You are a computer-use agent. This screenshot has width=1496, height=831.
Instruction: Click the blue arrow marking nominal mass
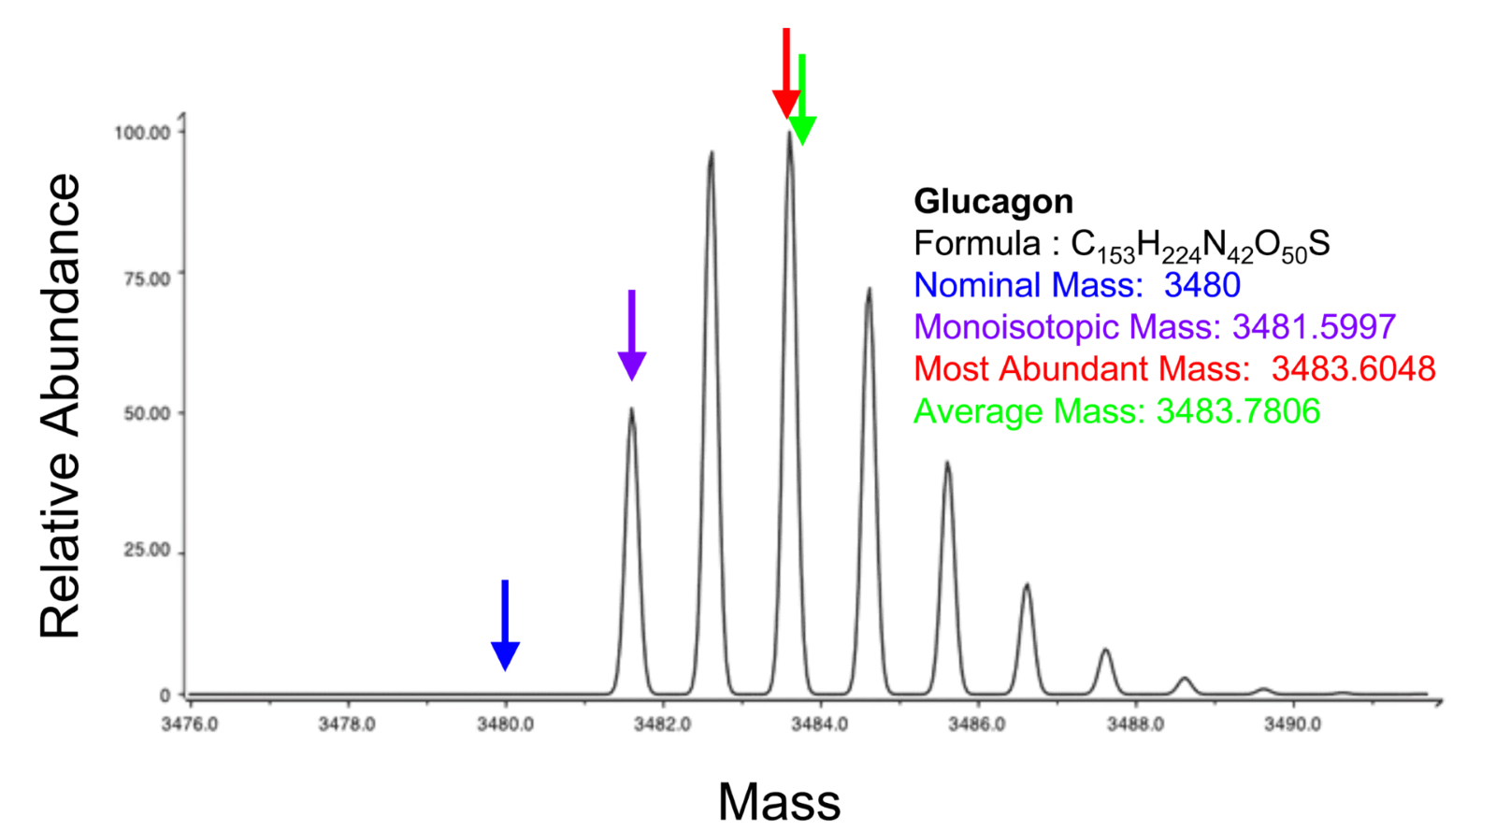pos(505,624)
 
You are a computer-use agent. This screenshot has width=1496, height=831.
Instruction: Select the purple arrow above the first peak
pos(632,335)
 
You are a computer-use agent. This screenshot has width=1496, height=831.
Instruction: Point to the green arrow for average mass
pos(802,101)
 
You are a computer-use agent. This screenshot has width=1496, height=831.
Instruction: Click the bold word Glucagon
pos(993,201)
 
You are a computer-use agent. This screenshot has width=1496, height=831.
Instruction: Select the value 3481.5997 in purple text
pos(1314,326)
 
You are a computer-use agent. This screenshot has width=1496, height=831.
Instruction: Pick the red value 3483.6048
pos(1353,368)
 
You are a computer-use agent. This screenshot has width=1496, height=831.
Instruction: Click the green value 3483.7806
pos(1238,411)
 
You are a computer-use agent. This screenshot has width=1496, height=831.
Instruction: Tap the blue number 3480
pos(1202,285)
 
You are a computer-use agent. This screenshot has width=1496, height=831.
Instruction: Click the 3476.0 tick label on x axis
pos(190,724)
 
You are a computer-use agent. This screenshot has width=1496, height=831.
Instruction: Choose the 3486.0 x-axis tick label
pos(977,724)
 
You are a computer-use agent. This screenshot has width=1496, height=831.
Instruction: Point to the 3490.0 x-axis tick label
pos(1292,724)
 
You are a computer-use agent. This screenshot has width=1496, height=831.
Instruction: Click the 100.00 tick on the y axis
pos(142,133)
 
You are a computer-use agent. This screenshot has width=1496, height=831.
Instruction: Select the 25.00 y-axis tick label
pos(147,550)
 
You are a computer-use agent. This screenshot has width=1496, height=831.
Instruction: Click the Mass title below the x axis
pos(779,801)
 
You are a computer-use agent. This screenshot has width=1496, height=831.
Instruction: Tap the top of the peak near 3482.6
pos(712,154)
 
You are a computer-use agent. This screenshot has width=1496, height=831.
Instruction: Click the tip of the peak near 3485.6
pos(947,464)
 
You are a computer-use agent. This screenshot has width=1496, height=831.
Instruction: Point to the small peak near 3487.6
pos(1105,652)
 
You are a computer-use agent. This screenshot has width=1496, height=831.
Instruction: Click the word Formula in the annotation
pos(976,244)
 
